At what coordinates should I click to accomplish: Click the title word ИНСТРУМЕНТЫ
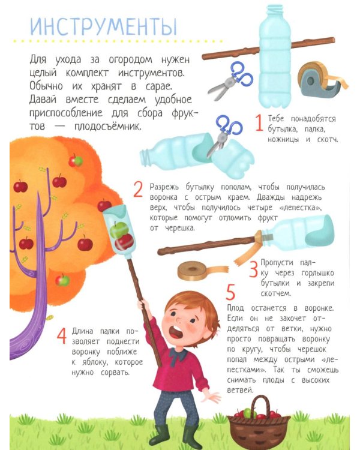click(x=103, y=26)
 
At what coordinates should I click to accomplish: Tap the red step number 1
click(x=259, y=122)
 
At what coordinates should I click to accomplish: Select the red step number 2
click(x=138, y=190)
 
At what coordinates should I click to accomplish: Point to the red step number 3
click(x=253, y=269)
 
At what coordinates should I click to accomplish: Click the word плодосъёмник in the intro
click(x=107, y=126)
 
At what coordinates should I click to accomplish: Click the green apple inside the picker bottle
click(x=119, y=230)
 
